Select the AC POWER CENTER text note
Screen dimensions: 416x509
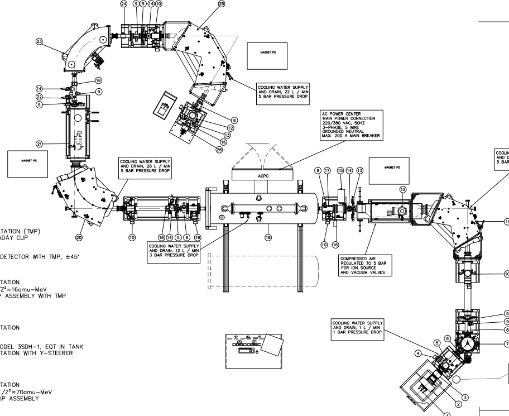tap(350, 125)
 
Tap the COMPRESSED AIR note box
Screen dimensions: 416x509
tap(363, 266)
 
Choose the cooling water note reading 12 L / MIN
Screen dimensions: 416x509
tap(174, 250)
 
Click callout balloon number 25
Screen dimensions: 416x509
tap(222, 4)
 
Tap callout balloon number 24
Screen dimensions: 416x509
tap(124, 4)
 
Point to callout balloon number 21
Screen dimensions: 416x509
tap(40, 144)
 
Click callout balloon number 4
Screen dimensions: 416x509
tap(418, 353)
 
